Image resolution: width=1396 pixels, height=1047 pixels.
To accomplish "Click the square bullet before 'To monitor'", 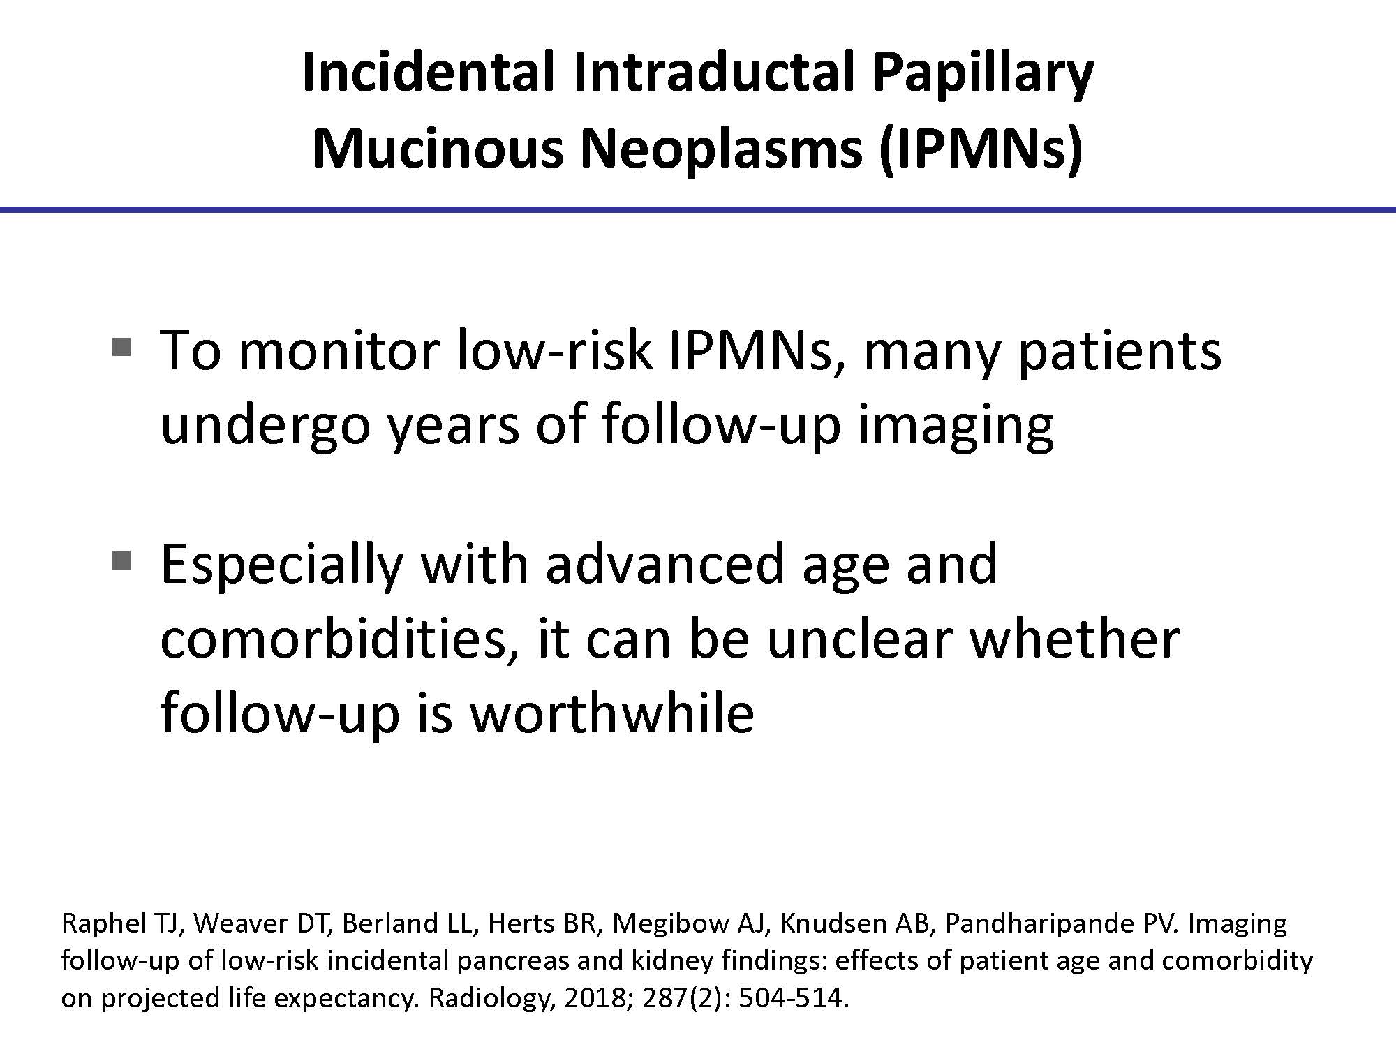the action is [121, 346].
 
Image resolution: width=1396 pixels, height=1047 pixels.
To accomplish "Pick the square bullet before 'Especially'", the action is [121, 560].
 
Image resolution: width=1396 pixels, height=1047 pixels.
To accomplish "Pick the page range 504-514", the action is [793, 999].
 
